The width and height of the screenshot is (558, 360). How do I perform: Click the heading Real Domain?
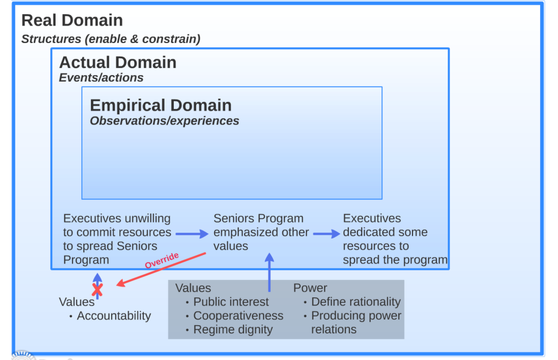point(72,20)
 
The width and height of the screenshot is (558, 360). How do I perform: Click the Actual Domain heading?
point(118,63)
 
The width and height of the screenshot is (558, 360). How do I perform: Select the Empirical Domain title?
point(161,105)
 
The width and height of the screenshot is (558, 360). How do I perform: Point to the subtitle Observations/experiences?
point(165,121)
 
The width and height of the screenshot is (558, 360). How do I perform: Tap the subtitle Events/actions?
point(101,77)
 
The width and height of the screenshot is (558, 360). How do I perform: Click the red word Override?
point(161,260)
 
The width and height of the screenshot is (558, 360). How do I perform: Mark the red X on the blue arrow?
point(97,290)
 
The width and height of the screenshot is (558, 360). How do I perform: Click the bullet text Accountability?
point(114,316)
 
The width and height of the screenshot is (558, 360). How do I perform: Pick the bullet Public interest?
point(231,302)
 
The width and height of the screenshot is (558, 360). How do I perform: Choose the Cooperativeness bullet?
point(239,316)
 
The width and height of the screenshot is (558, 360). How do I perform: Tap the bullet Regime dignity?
point(233,330)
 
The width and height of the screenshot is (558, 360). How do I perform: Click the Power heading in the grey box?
point(310,288)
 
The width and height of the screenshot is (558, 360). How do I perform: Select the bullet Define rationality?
point(356,302)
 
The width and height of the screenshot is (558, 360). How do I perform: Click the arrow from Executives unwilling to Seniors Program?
point(192,234)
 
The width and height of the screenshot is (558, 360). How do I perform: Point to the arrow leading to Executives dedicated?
point(327,234)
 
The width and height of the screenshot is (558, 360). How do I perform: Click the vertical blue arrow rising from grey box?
point(269,272)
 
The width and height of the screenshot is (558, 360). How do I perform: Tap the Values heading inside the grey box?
point(193,288)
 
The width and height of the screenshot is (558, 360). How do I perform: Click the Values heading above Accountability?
point(76,302)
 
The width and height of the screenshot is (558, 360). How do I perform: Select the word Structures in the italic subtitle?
point(51,39)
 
